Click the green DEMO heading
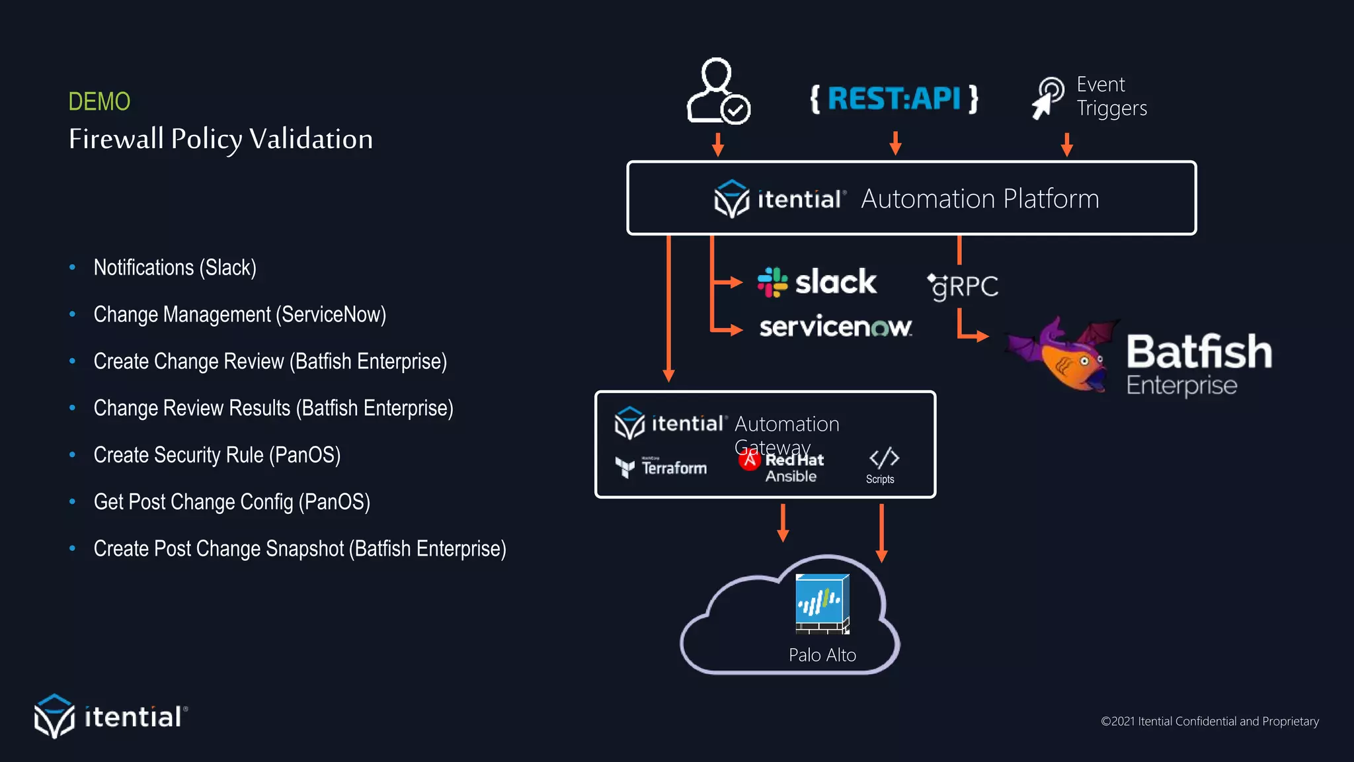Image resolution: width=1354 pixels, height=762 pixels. [99, 102]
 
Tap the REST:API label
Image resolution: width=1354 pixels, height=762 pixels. [894, 99]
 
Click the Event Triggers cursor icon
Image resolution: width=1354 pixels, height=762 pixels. [1047, 98]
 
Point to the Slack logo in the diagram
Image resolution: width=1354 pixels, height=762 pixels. [817, 282]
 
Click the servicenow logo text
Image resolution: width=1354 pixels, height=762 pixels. [836, 327]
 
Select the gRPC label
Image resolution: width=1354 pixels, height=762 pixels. [963, 286]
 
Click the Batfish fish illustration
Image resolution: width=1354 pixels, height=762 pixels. [1062, 355]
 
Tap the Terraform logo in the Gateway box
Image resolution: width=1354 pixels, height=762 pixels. [661, 468]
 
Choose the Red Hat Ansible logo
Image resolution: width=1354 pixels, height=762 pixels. [781, 468]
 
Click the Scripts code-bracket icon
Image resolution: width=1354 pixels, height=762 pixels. [883, 458]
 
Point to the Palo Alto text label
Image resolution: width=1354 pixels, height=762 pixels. [822, 655]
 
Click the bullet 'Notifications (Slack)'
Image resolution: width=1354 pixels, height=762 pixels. [175, 268]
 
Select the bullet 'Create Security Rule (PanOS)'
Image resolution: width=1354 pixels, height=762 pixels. [217, 455]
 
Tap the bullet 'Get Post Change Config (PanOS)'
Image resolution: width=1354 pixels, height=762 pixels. [231, 502]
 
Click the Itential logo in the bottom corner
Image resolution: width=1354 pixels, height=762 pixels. [111, 716]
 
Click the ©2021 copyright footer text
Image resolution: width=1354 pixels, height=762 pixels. [1209, 722]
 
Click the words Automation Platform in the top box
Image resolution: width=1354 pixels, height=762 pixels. [979, 199]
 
